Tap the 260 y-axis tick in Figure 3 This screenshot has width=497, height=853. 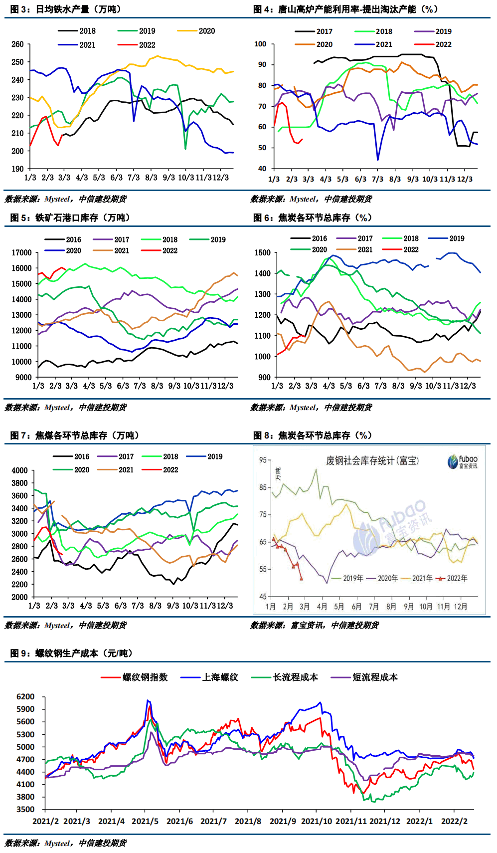(17, 44)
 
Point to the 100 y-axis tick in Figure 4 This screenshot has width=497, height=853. (260, 44)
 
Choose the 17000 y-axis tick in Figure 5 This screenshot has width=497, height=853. (21, 253)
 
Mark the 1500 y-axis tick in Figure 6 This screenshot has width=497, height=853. (263, 253)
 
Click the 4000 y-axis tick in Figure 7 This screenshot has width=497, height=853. (20, 470)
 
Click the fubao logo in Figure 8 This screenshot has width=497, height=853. (462, 461)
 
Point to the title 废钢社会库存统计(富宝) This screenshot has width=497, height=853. (372, 460)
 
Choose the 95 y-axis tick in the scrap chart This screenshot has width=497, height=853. (263, 460)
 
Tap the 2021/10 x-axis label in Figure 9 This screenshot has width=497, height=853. (317, 821)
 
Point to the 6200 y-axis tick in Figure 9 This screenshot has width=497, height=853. (25, 697)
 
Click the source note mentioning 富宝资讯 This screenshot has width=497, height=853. (314, 625)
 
